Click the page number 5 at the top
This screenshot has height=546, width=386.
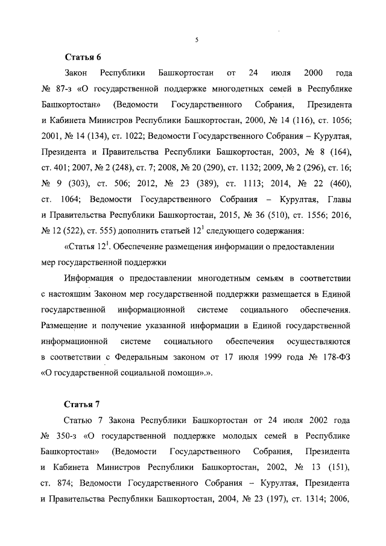click(x=197, y=40)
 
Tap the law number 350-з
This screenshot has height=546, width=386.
click(x=66, y=435)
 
